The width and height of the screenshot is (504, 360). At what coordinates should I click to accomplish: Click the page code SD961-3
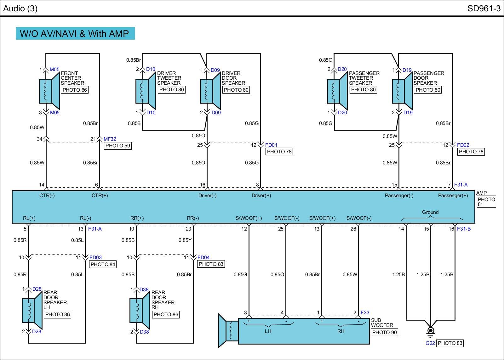tap(484, 8)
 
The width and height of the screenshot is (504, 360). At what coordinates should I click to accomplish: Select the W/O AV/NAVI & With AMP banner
tap(75, 33)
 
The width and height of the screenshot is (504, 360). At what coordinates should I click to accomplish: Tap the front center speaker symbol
tap(49, 91)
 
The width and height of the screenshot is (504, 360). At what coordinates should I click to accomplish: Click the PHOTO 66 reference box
tap(75, 90)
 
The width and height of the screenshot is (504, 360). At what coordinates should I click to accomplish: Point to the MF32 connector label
tap(110, 139)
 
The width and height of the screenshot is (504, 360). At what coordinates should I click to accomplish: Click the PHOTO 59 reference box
tap(118, 146)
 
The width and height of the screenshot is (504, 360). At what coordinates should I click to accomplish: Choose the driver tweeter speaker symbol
tap(146, 91)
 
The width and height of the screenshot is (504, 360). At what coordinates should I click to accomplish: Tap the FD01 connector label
tap(271, 145)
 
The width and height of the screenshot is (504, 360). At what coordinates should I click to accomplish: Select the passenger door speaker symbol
tap(402, 91)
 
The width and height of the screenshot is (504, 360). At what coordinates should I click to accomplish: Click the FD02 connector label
tap(463, 145)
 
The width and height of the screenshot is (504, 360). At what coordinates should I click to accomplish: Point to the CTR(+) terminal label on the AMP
tap(100, 196)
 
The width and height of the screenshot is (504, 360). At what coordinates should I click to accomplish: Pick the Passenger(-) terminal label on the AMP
tap(399, 196)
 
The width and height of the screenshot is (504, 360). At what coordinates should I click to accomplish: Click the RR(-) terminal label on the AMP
tap(193, 218)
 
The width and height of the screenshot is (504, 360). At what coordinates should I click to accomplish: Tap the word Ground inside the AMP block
tap(430, 212)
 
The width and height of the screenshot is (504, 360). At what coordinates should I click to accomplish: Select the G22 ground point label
tap(430, 343)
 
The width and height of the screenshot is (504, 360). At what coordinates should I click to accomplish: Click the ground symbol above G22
tap(430, 331)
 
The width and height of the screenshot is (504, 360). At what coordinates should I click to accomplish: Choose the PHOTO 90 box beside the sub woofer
tap(384, 332)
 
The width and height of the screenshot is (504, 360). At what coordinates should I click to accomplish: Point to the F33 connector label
tap(365, 313)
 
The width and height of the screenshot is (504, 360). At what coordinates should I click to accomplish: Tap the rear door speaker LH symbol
tap(32, 310)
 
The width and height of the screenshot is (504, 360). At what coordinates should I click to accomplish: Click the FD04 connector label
tap(203, 258)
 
